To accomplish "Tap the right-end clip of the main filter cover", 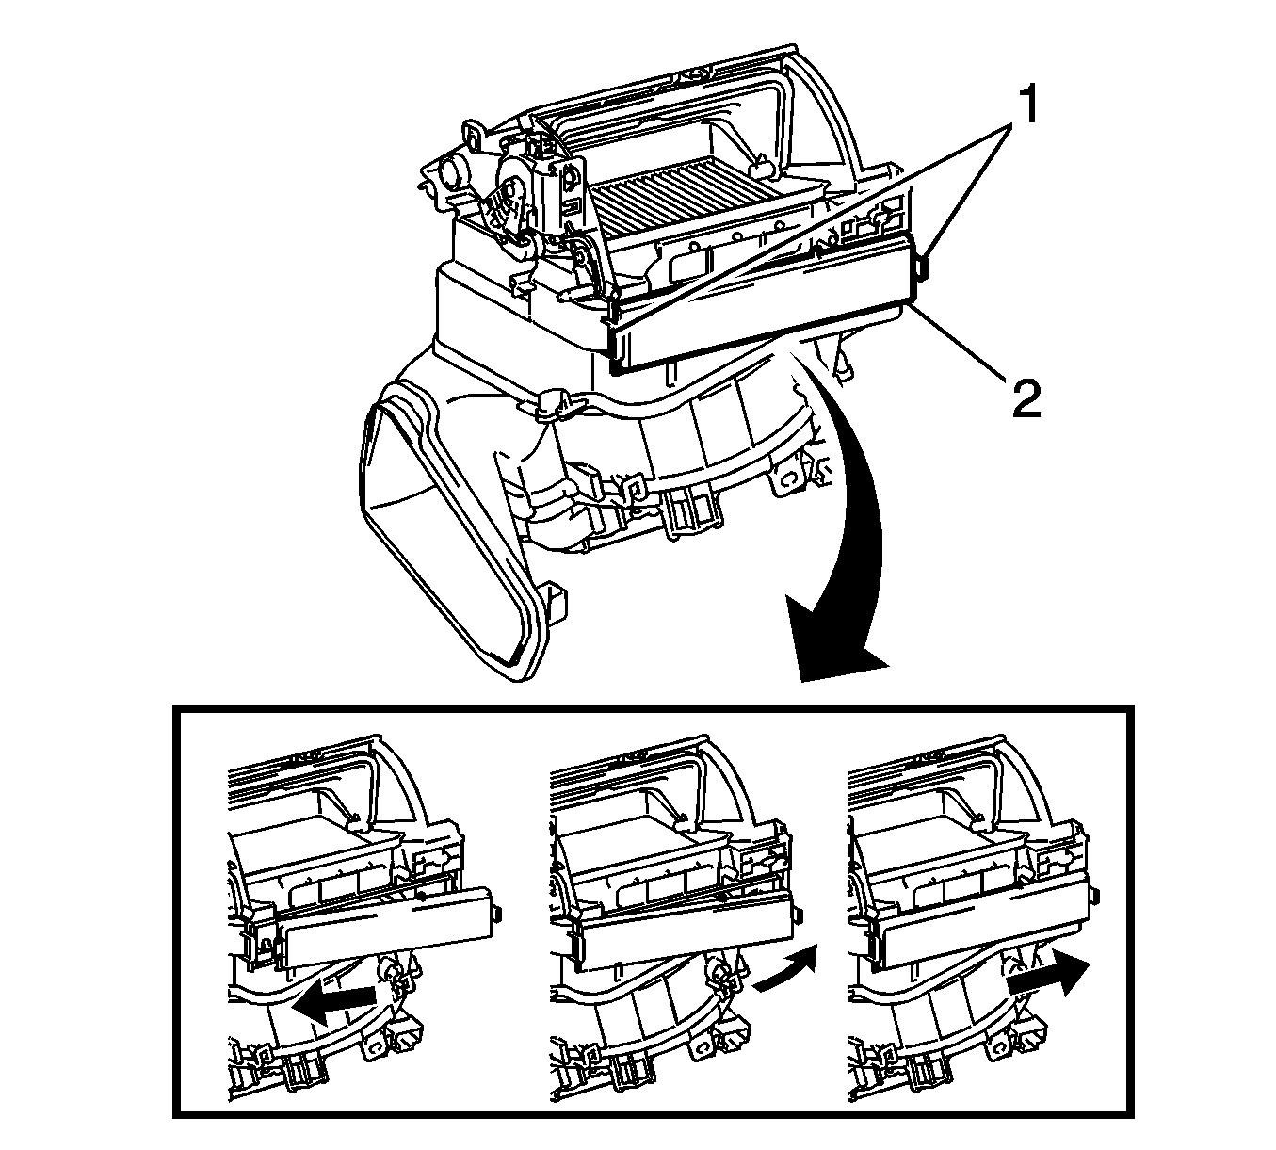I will (x=922, y=268).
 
